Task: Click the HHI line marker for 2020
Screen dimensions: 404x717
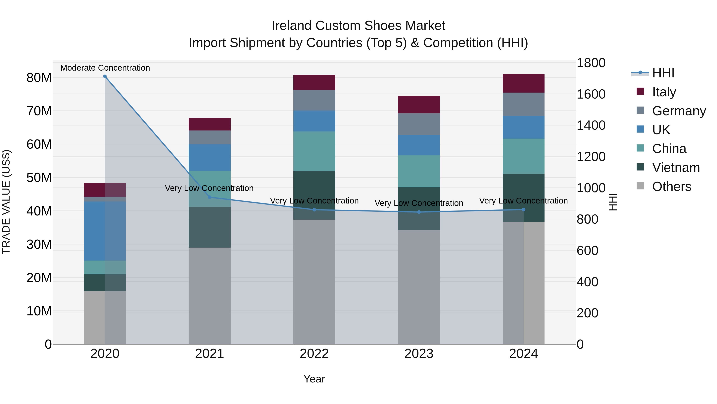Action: click(105, 76)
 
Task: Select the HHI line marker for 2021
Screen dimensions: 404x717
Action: click(210, 197)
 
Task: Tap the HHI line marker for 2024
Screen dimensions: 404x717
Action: click(524, 209)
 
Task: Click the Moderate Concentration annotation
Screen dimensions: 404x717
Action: click(105, 68)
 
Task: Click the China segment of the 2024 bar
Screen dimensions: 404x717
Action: click(524, 156)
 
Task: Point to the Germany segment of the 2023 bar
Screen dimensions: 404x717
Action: click(419, 124)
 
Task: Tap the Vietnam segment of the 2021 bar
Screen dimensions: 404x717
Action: click(210, 227)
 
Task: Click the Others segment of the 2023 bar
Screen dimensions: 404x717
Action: click(419, 287)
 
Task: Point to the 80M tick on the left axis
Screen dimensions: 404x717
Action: click(39, 78)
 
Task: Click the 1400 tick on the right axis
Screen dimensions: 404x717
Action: click(591, 125)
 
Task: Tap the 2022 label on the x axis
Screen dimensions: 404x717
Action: click(314, 354)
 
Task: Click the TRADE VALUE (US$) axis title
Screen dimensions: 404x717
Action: click(6, 202)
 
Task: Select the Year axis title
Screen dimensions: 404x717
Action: click(314, 379)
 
